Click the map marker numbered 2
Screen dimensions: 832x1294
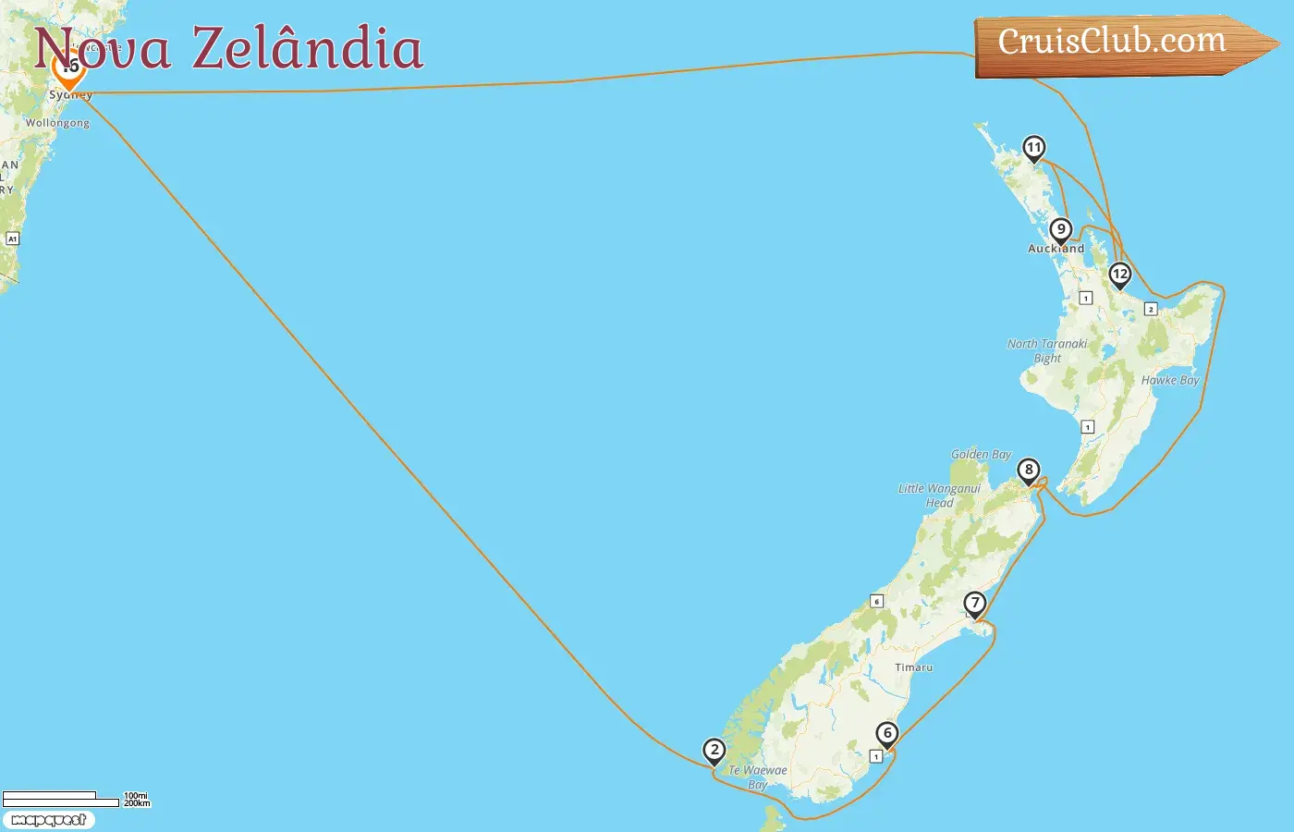coord(714,751)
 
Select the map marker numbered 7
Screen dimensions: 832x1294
coord(975,604)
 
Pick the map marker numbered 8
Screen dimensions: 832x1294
coord(1028,471)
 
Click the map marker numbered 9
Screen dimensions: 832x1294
coord(1061,230)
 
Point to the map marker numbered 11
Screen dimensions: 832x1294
coord(1033,148)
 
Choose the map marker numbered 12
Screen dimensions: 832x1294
coord(1120,275)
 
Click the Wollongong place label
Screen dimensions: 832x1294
coord(57,123)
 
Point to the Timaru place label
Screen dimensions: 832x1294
coord(913,667)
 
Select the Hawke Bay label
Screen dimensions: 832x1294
coord(1169,380)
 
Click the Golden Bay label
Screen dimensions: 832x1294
coord(981,455)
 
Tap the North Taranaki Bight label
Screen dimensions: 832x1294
coord(1047,350)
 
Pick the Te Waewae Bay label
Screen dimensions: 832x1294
coord(758,777)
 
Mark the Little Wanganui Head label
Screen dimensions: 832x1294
coord(939,496)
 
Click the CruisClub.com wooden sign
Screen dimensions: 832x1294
coord(1113,43)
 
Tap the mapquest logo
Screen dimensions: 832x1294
coord(48,820)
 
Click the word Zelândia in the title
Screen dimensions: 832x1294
coord(307,48)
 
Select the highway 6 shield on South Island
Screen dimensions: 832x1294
coord(877,601)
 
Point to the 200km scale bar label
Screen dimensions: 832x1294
coord(137,803)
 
